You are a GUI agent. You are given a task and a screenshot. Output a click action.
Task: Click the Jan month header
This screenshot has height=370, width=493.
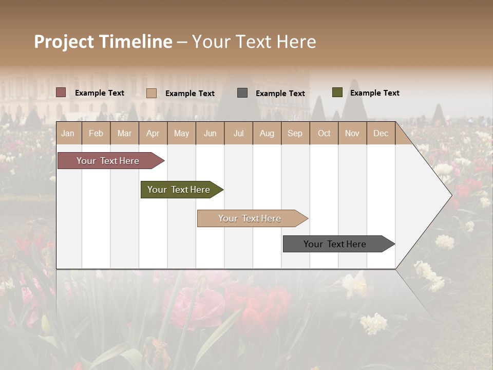click(x=68, y=133)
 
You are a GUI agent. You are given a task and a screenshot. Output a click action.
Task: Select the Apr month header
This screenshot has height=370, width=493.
click(x=153, y=133)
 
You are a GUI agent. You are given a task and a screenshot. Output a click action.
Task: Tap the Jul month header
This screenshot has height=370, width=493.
click(x=238, y=133)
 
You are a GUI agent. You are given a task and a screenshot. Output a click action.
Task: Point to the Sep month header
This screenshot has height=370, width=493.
click(x=295, y=133)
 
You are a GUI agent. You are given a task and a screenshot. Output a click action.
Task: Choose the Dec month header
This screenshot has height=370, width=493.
click(x=381, y=133)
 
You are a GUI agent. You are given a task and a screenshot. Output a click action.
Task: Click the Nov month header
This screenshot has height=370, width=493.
click(x=352, y=133)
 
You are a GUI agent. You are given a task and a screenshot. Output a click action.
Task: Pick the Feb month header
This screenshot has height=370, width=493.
click(x=96, y=133)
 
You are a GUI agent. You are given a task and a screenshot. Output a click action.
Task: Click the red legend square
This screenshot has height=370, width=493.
click(x=61, y=92)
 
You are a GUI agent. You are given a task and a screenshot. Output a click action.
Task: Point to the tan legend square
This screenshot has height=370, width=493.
click(x=151, y=93)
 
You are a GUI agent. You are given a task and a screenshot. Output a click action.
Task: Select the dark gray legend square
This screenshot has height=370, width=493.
click(x=242, y=92)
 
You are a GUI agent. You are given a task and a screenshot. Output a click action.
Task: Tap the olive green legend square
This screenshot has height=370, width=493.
click(x=337, y=92)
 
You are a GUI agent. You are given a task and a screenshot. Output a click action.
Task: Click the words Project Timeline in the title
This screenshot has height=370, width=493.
click(x=103, y=42)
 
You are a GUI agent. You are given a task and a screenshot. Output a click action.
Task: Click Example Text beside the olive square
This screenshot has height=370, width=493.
click(x=374, y=93)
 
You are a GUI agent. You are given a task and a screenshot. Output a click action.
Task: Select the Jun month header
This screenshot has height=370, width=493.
click(x=210, y=133)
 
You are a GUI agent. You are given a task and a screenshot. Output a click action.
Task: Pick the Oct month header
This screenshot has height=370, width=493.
click(x=324, y=133)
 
